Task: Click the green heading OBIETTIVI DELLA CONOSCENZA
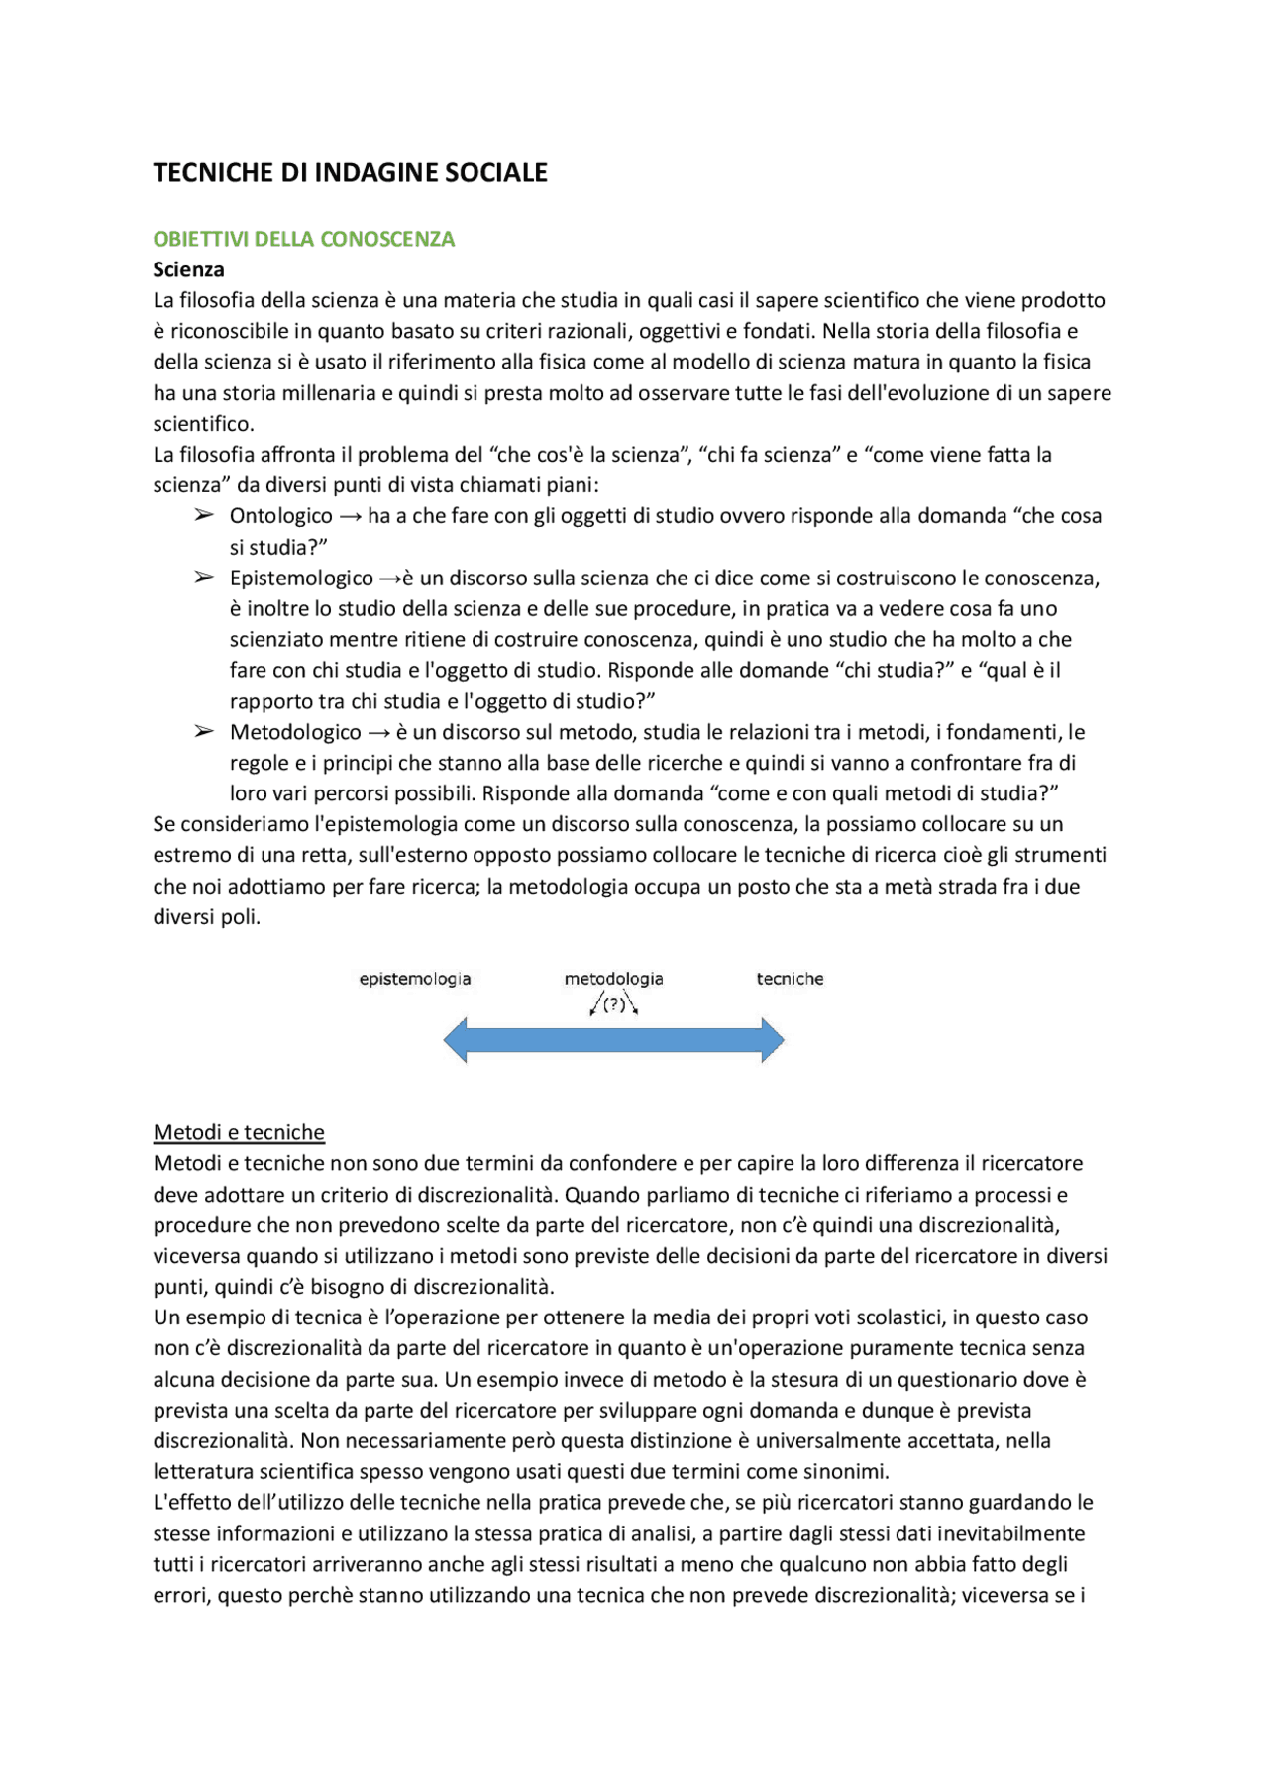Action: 303,239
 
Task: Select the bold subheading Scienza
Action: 188,269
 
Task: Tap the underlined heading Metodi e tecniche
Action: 239,1132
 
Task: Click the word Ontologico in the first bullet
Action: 280,516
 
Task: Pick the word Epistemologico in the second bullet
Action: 301,579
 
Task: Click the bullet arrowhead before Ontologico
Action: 204,515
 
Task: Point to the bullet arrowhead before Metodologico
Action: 204,731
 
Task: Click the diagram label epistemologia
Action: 415,979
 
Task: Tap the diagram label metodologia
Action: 613,979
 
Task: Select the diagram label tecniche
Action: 790,979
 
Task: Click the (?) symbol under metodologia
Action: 614,1004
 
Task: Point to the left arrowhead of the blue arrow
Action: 456,1040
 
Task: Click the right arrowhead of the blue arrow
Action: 772,1040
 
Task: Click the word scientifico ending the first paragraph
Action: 202,424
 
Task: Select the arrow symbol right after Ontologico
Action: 350,517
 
